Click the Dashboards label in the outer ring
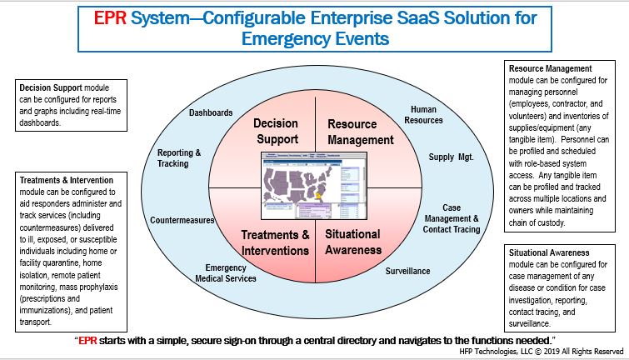coord(211,112)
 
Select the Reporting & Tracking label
coord(179,157)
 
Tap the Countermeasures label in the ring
coord(182,221)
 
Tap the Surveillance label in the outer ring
coord(407,272)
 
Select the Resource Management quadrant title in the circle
coord(360,132)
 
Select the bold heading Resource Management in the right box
coord(551,67)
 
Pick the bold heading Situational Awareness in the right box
coord(550,252)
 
